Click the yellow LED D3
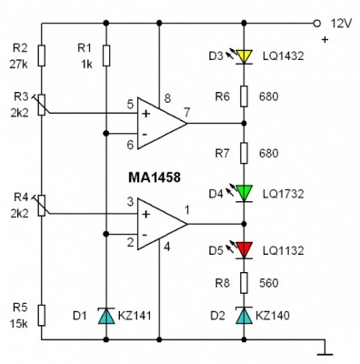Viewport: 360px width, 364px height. click(244, 56)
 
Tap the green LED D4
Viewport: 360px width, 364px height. click(244, 194)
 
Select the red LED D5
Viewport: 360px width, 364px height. click(244, 250)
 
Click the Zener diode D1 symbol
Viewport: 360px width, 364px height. click(106, 316)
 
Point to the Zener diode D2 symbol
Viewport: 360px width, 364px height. click(244, 315)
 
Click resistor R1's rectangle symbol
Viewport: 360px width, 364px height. click(106, 56)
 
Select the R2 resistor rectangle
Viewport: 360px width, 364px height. click(42, 56)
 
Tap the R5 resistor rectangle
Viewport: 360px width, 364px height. click(42, 316)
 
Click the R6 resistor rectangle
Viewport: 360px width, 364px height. click(244, 96)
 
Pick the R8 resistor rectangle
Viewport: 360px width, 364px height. click(244, 283)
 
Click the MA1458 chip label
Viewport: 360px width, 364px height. click(155, 177)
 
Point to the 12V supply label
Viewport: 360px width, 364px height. click(341, 24)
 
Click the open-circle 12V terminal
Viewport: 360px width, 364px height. click(316, 23)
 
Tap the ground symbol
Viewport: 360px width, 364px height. click(325, 348)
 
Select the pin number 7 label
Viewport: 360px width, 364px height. click(187, 113)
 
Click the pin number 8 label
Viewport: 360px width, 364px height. click(167, 98)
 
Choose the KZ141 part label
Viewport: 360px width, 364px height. click(135, 316)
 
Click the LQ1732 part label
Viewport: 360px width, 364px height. click(283, 194)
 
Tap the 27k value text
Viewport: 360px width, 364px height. click(18, 65)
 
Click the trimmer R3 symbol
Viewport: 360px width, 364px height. click(42, 105)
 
